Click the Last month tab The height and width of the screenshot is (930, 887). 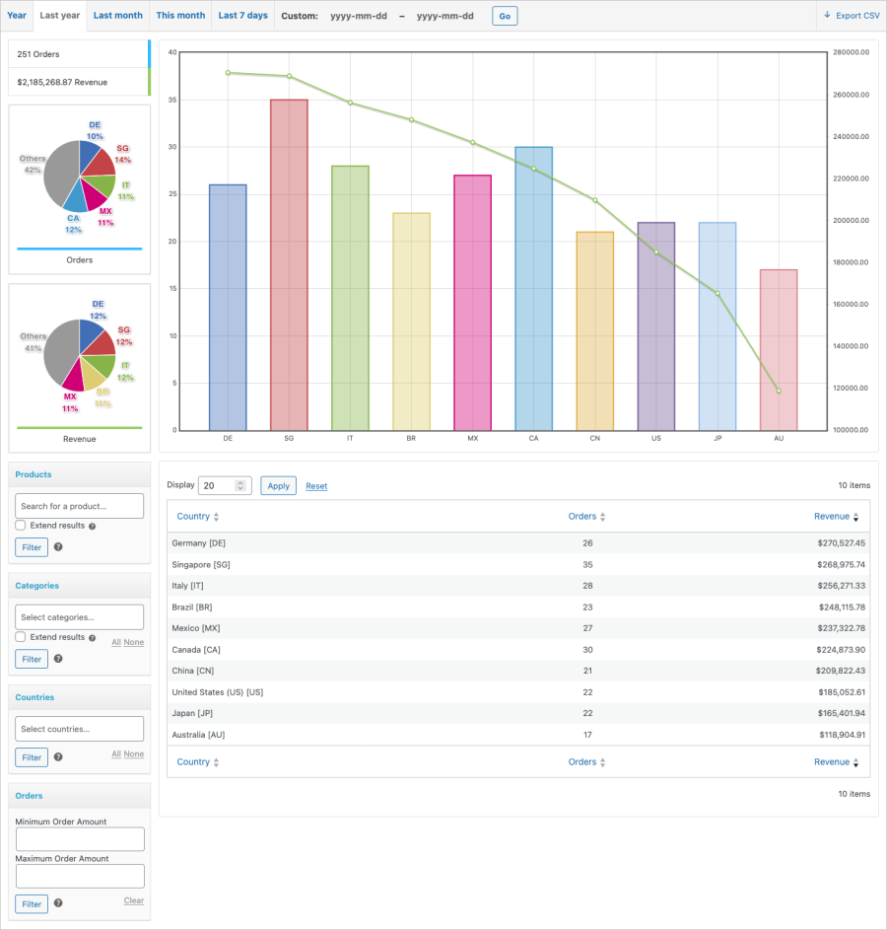pos(117,16)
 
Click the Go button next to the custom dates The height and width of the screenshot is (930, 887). pos(504,17)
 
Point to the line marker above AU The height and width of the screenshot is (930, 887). pos(779,392)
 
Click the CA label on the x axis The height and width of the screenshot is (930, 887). pos(534,438)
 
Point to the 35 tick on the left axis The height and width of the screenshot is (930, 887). pos(171,100)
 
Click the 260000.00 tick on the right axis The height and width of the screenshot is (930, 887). pos(851,96)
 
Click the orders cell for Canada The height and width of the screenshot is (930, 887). pos(587,650)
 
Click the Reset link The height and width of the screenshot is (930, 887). pos(316,486)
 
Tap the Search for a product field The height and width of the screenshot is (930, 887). pos(80,506)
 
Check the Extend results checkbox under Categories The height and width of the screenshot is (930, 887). pos(21,637)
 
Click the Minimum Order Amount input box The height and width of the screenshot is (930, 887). pos(80,839)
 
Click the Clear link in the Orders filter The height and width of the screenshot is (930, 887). pos(134,900)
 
